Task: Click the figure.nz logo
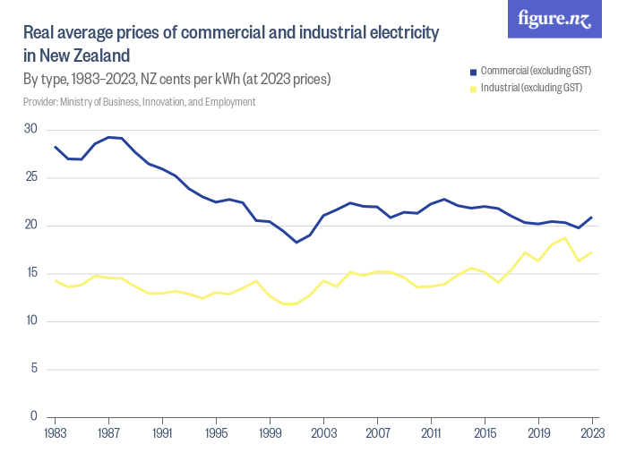point(554,20)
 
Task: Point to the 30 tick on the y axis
point(30,130)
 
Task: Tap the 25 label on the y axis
point(30,177)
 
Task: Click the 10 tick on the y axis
point(30,320)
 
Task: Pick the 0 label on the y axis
point(33,416)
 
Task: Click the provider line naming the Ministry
point(140,102)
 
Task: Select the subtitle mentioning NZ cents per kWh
point(177,80)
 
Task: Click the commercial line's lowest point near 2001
point(296,242)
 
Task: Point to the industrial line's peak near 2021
point(565,238)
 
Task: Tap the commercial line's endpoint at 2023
point(592,218)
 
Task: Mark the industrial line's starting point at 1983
point(56,280)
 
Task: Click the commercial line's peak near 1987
point(108,137)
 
